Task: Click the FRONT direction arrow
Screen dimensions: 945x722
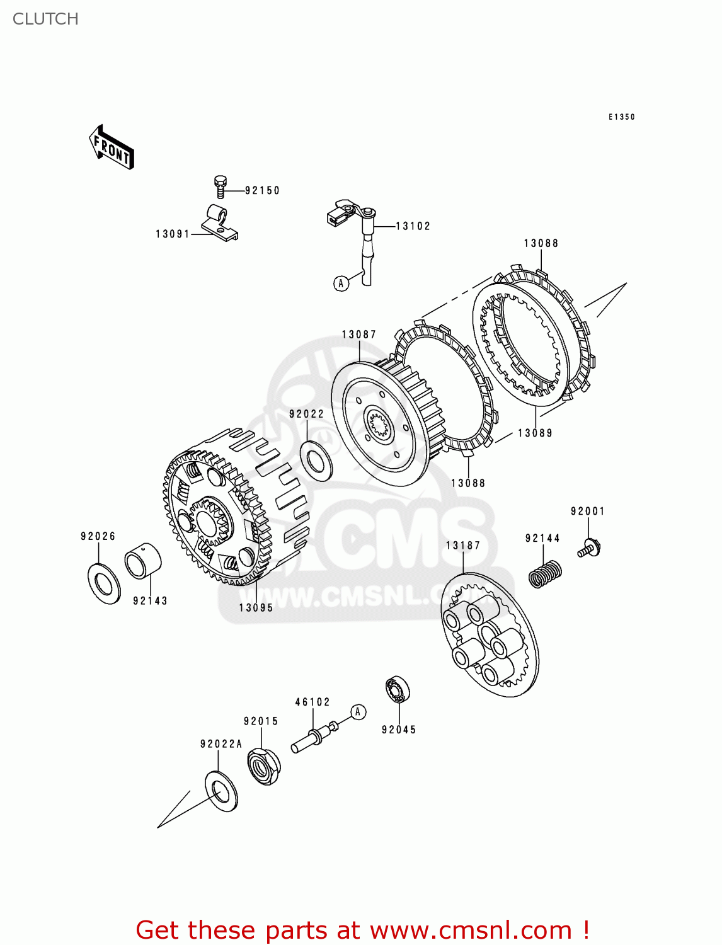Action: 112,147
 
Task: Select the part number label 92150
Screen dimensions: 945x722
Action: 262,190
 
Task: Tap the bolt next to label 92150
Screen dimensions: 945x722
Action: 220,186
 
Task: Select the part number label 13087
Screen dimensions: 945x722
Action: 359,335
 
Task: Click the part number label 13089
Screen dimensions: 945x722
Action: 535,433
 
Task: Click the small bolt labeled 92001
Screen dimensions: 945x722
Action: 590,547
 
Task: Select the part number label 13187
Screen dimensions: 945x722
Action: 463,546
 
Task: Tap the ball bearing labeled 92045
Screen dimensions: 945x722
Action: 398,690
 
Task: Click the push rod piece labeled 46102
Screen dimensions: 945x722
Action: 314,738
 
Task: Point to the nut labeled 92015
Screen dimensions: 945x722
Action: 264,765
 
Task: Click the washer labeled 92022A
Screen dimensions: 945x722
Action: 221,791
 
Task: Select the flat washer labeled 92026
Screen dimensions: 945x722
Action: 104,584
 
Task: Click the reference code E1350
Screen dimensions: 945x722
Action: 621,117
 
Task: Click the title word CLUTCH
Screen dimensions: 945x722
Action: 45,19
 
